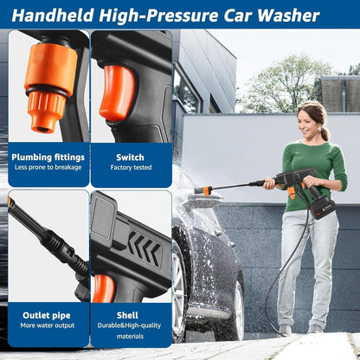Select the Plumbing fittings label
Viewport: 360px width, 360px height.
48,157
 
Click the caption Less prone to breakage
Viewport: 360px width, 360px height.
48,168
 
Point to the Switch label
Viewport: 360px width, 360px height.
130,157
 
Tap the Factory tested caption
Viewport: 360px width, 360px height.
130,168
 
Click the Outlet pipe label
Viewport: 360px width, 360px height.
48,317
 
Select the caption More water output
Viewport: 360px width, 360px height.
48,328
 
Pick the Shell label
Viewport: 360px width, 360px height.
130,317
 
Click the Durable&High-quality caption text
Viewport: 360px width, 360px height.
130,328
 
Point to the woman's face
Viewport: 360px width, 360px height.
309,120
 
